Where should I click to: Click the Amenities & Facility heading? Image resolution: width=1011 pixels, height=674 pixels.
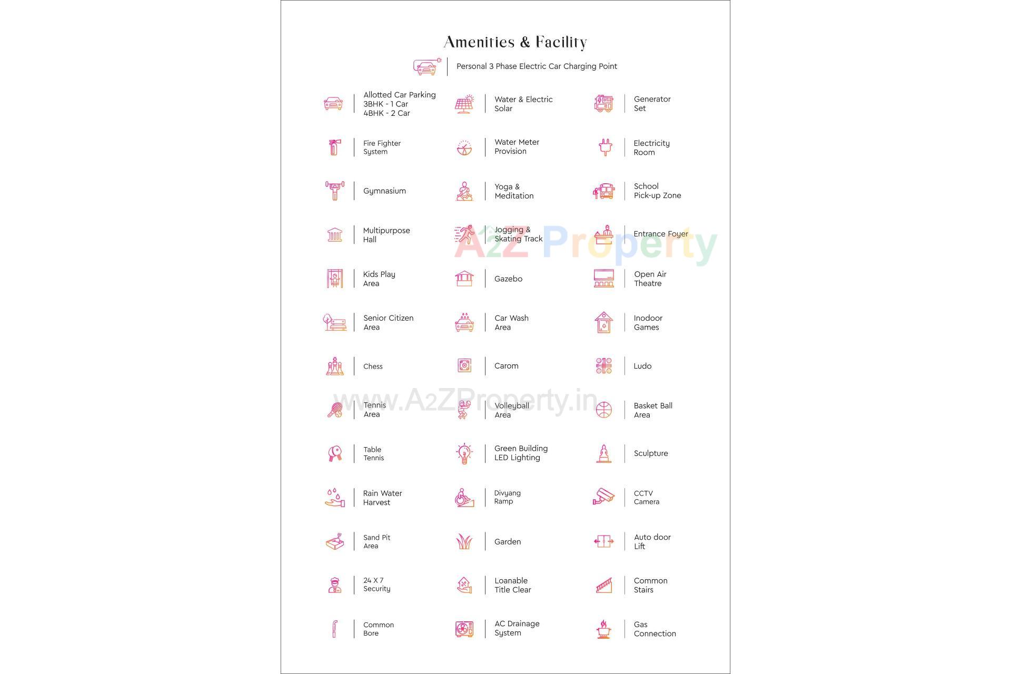click(x=515, y=42)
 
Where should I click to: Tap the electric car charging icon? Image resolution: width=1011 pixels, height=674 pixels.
click(x=427, y=67)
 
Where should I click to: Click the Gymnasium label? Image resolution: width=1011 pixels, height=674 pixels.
click(x=384, y=191)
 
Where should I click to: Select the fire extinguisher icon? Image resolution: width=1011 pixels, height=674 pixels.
click(x=334, y=147)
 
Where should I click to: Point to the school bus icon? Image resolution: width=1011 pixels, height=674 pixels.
click(x=604, y=191)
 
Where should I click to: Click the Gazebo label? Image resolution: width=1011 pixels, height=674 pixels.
click(x=508, y=279)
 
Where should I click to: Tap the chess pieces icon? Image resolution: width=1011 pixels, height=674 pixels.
click(x=334, y=366)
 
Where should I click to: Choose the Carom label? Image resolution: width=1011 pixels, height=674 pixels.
click(x=506, y=366)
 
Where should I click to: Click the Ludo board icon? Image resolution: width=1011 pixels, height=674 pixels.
click(x=604, y=366)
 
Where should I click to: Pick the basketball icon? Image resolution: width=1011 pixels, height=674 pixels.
click(x=604, y=410)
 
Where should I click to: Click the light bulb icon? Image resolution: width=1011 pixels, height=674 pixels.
click(x=464, y=453)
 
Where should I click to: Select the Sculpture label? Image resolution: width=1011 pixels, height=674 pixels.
click(x=651, y=453)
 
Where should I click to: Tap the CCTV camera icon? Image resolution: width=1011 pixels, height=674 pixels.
click(x=604, y=497)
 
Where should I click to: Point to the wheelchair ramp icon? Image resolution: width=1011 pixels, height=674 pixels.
click(x=464, y=498)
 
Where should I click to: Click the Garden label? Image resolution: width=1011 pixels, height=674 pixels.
click(x=508, y=542)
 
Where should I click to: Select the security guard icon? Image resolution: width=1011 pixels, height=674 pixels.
click(x=334, y=585)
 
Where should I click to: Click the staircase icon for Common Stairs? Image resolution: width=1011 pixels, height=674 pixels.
click(x=604, y=585)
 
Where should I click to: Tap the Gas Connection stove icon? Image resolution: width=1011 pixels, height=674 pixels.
click(x=604, y=629)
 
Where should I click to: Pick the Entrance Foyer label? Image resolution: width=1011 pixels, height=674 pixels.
click(x=661, y=234)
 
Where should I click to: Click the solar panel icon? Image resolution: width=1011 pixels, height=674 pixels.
click(x=464, y=104)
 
